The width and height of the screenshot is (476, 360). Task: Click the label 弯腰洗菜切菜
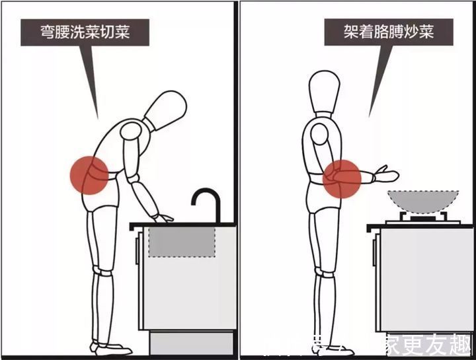83,31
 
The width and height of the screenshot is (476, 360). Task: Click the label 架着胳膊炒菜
379,31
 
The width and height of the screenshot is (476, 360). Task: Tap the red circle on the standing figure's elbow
341,178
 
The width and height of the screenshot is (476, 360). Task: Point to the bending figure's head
165,110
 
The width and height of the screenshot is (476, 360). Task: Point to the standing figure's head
328,90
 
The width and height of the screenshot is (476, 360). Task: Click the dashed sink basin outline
182,241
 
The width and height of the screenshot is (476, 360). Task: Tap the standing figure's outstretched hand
386,176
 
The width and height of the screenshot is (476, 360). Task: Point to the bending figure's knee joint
100,271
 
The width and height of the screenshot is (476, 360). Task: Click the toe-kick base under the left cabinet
192,342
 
